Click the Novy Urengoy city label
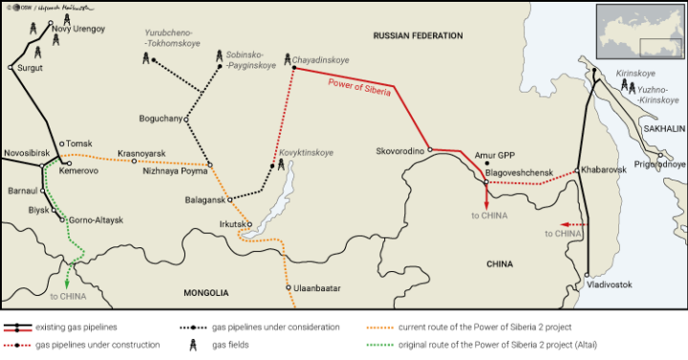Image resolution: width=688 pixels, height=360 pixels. click(x=78, y=29)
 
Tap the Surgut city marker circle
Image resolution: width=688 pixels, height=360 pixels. click(x=11, y=68)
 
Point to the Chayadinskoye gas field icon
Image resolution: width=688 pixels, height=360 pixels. click(x=289, y=57)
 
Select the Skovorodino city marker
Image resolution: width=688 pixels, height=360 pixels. click(x=430, y=149)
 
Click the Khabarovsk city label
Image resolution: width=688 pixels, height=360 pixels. click(x=602, y=169)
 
